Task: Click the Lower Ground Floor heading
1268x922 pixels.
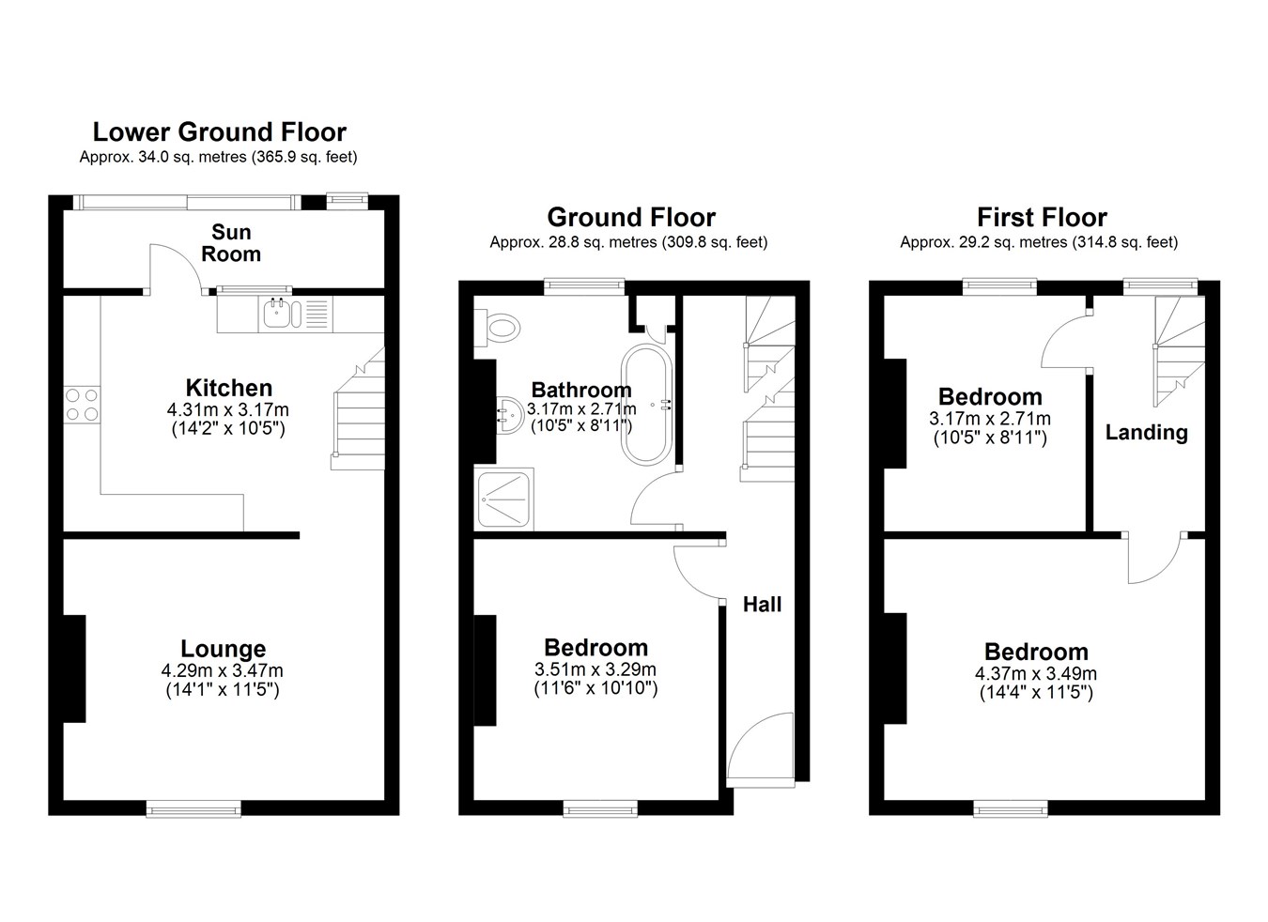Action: pyautogui.click(x=220, y=131)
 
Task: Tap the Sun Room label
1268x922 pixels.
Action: pyautogui.click(x=231, y=243)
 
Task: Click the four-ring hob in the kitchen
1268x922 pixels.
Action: pyautogui.click(x=82, y=405)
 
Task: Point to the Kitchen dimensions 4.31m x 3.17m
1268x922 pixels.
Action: pyautogui.click(x=227, y=409)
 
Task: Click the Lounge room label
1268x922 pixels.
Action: pyautogui.click(x=223, y=649)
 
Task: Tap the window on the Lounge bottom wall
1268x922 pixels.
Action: pyautogui.click(x=193, y=808)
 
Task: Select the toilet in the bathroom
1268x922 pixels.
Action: pyautogui.click(x=497, y=328)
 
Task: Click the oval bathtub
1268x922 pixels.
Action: pyautogui.click(x=646, y=406)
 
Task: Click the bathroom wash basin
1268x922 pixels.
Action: pyautogui.click(x=509, y=415)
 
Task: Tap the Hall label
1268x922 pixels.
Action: pyautogui.click(x=762, y=605)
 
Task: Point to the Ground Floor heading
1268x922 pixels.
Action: pyautogui.click(x=631, y=217)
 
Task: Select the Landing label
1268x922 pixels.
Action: pyautogui.click(x=1146, y=433)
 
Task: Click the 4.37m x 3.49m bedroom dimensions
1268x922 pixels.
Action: pyautogui.click(x=1036, y=673)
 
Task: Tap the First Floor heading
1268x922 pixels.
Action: pyautogui.click(x=1043, y=217)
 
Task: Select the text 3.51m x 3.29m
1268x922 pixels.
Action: pyautogui.click(x=595, y=669)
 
